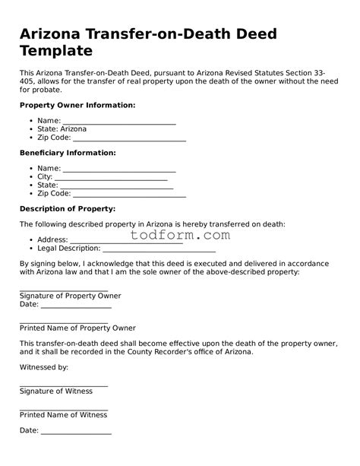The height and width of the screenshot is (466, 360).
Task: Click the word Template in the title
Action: [x=57, y=51]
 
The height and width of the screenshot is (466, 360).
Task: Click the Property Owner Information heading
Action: [x=77, y=105]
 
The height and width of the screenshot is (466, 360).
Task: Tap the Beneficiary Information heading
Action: [x=68, y=153]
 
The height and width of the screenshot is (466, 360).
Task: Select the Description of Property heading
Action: [x=68, y=208]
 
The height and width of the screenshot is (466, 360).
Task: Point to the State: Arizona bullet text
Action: [x=62, y=129]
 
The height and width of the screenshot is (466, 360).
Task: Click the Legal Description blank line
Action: [x=159, y=249]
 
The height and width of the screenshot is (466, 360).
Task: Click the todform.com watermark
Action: [x=180, y=236]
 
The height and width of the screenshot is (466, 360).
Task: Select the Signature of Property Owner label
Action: [x=70, y=296]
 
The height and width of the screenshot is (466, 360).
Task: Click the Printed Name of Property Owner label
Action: [x=77, y=328]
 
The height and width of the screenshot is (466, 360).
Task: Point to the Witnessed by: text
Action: [x=44, y=367]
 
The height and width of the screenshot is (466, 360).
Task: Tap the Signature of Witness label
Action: [x=56, y=391]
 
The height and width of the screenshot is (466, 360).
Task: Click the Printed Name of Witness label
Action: [x=63, y=414]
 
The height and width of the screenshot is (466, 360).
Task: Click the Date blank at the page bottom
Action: [x=76, y=433]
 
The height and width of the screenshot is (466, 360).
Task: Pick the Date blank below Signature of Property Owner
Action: [x=76, y=306]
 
